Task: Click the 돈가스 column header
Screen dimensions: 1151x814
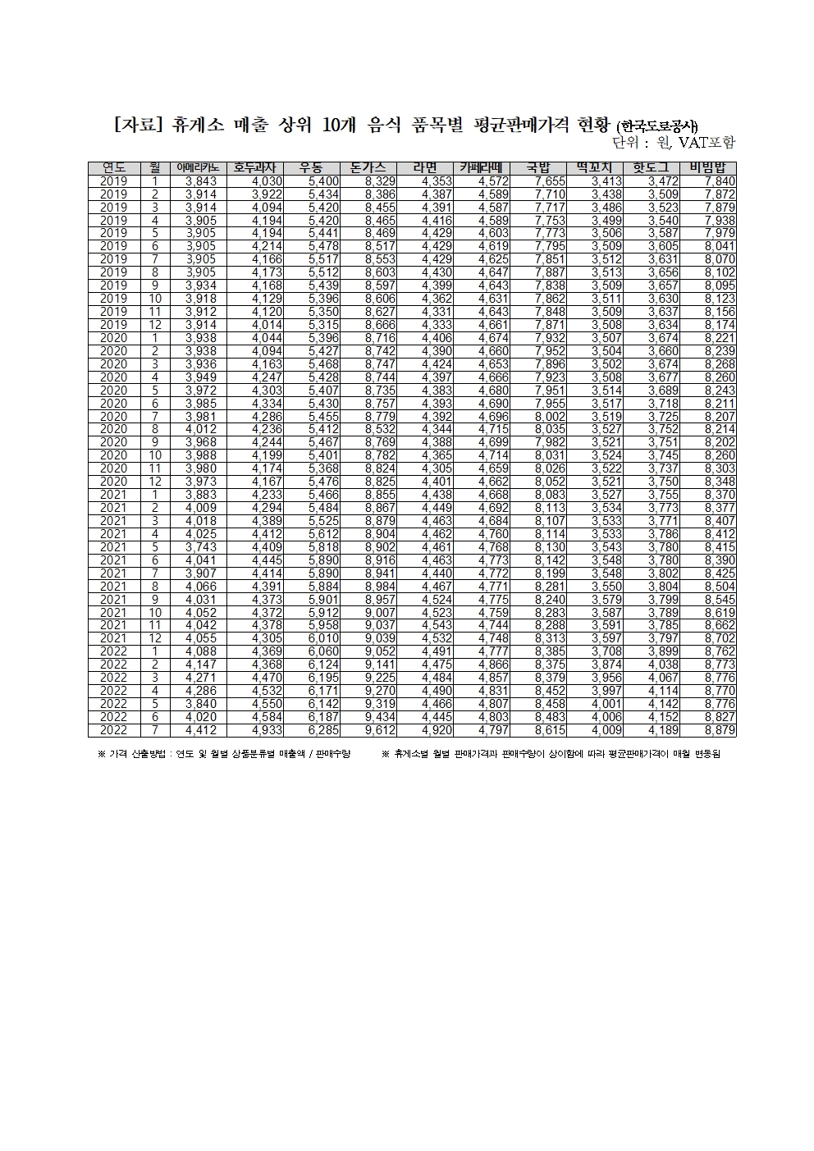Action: pos(368,167)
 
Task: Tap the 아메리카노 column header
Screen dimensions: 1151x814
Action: pos(198,167)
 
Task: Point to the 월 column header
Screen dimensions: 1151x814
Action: pos(154,167)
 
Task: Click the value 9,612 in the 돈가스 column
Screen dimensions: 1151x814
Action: pos(380,730)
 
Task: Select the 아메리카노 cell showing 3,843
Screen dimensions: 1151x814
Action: pos(201,181)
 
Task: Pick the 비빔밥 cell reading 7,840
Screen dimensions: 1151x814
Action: pos(720,181)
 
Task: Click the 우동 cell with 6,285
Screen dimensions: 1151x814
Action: pos(323,730)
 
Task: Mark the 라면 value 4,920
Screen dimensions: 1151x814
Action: pos(437,730)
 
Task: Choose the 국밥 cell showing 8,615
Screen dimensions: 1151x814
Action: pos(550,730)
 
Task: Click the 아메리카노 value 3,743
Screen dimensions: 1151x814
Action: pos(201,547)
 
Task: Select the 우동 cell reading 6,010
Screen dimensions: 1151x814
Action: pos(323,638)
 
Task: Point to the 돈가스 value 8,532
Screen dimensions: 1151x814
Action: pos(380,429)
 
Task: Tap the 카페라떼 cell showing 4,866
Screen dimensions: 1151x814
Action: pos(493,665)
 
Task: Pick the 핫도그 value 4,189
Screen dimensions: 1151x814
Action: pos(663,730)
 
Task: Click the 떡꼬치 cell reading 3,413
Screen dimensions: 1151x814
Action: pos(606,181)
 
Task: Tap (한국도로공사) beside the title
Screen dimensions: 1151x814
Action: pos(657,126)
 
